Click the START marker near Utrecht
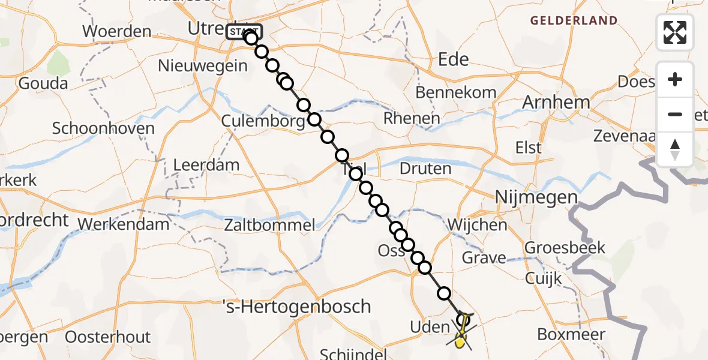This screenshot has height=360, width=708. [244, 31]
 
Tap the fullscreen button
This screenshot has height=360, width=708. [675, 32]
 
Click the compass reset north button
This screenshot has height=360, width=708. [675, 149]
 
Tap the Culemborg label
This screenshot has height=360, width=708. [263, 121]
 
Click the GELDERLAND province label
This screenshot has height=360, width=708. [573, 21]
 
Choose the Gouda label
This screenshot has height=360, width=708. [43, 83]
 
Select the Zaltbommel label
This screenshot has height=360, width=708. [269, 226]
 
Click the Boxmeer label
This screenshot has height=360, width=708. [571, 334]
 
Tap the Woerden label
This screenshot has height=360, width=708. [116, 31]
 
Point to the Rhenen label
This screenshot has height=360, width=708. [412, 118]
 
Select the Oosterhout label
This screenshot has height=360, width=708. [108, 337]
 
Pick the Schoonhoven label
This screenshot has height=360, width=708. [103, 128]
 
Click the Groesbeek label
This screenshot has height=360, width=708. [565, 247]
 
